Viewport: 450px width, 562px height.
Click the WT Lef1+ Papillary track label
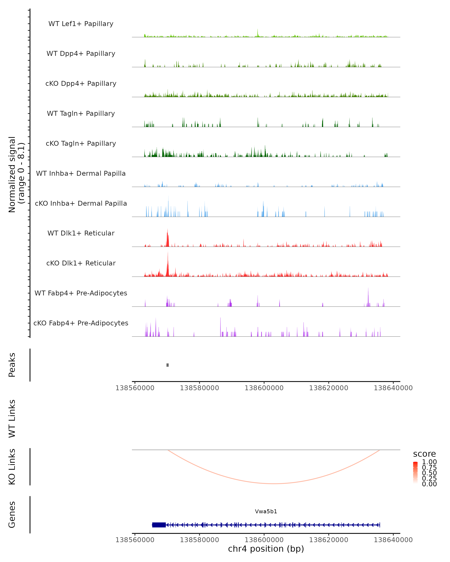pos(81,24)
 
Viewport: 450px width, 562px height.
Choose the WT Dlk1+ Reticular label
pos(81,233)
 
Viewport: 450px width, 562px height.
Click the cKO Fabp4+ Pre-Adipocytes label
pos(81,323)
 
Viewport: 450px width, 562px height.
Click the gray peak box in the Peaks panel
pos(167,365)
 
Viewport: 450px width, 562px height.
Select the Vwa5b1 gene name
pos(266,511)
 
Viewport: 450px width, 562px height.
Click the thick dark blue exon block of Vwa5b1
pos(159,525)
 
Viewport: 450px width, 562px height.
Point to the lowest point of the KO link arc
pos(274,484)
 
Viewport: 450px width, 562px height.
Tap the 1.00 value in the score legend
pos(429,462)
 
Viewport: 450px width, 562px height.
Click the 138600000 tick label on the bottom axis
pos(264,540)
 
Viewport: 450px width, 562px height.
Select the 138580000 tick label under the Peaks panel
pos(199,388)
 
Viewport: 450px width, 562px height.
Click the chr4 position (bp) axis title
pos(266,549)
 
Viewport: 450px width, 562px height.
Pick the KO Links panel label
pos(12,467)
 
